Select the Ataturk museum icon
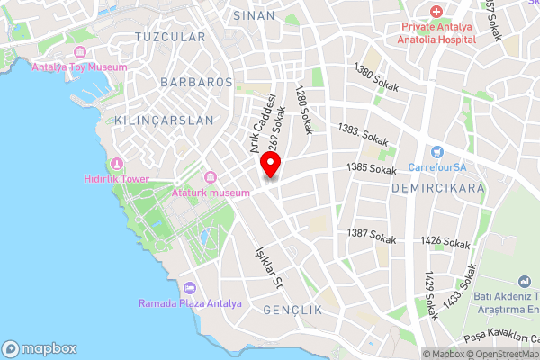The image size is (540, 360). click(211, 178)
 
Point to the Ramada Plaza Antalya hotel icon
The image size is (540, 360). click(189, 288)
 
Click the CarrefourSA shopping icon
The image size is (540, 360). click(437, 151)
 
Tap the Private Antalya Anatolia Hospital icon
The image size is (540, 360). click(436, 12)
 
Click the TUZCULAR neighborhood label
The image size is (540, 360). click(169, 37)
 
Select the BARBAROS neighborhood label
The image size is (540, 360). click(196, 82)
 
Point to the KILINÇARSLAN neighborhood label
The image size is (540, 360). click(165, 120)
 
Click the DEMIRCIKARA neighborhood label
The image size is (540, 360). click(438, 188)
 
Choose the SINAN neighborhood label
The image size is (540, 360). click(253, 15)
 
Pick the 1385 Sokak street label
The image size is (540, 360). click(372, 168)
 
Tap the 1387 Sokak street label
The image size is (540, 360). click(372, 237)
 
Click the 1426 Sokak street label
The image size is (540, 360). click(445, 243)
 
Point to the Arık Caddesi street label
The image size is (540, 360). click(261, 125)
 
